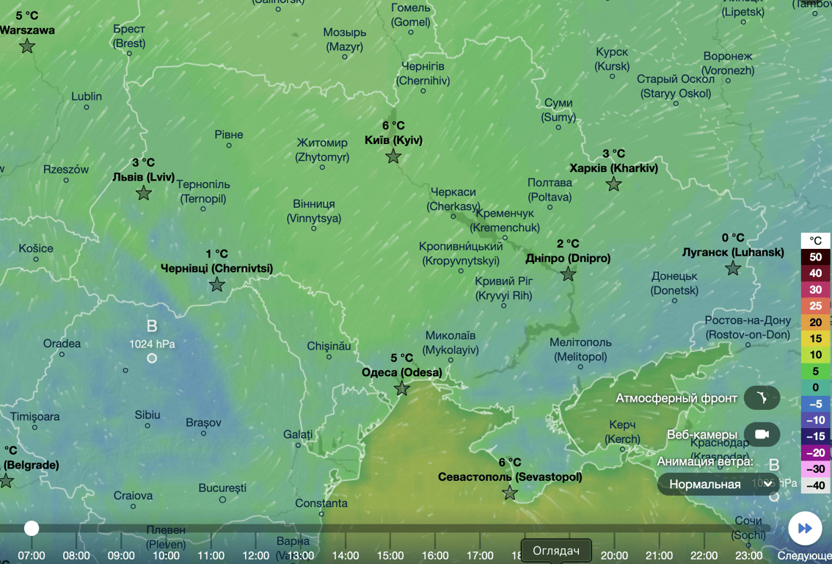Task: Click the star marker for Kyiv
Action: [393, 156]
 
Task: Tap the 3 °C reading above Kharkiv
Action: [613, 153]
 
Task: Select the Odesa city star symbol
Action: [401, 389]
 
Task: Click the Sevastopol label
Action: [510, 477]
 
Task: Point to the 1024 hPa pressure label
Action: [152, 343]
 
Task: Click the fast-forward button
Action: [805, 528]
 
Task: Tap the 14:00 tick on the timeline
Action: [346, 555]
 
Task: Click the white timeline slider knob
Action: [31, 528]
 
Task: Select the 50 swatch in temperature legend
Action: [815, 257]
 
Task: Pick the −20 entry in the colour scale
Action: [815, 452]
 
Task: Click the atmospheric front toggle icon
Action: [762, 398]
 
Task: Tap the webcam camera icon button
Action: [762, 434]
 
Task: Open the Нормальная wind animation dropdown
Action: [718, 484]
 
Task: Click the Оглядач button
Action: [556, 551]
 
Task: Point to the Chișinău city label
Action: [329, 345]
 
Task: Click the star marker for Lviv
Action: [144, 193]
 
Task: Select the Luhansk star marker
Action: [732, 269]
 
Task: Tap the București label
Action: [222, 488]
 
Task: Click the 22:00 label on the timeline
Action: [703, 555]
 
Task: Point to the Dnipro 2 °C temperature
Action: [568, 243]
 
